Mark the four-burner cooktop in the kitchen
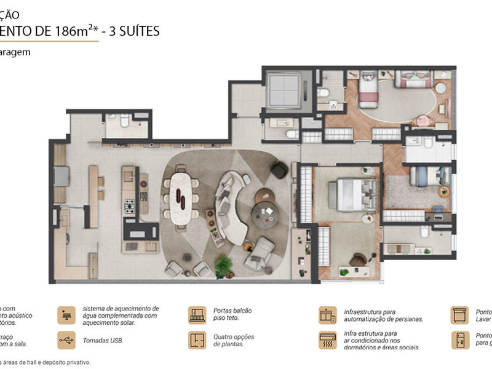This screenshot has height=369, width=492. [x=130, y=205]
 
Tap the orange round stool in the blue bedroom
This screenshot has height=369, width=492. [x=443, y=192]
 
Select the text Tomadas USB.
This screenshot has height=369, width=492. [x=103, y=340]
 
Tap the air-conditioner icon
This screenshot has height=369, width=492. [x=327, y=340]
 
